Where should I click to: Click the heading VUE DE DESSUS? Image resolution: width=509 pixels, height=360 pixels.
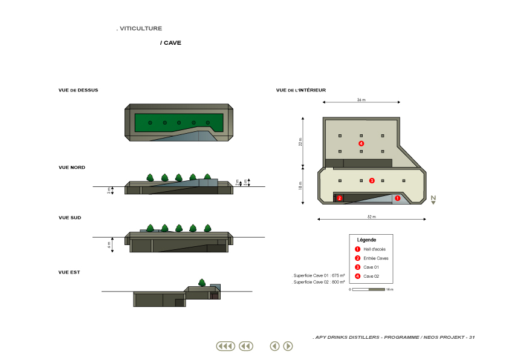[78, 90]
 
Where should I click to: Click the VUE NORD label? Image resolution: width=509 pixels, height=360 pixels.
[72, 168]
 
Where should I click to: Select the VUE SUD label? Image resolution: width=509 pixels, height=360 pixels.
[70, 218]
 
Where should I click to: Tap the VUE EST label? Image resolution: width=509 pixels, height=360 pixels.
[69, 272]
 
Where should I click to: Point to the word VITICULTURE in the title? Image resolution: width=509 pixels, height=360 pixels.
[141, 28]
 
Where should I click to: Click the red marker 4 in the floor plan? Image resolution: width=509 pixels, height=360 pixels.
[361, 143]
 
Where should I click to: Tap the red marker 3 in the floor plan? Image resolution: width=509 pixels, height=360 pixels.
[372, 181]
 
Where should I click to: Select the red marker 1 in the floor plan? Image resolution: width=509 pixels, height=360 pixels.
[398, 198]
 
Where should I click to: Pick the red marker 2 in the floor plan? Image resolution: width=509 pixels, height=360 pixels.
[340, 198]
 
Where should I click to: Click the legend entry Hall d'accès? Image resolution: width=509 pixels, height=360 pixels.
[375, 249]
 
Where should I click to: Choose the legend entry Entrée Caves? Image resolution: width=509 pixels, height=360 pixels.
[376, 258]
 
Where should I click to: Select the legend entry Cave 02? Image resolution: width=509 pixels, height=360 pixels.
[371, 276]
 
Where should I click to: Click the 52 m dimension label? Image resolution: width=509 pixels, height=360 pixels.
[372, 217]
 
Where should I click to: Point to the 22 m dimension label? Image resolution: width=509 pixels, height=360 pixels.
[300, 142]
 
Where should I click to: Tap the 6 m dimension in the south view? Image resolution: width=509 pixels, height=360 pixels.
[109, 245]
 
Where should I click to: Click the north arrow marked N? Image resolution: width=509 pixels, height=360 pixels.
[433, 200]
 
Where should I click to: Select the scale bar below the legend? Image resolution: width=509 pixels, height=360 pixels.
[368, 289]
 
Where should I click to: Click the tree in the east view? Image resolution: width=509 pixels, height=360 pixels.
[202, 283]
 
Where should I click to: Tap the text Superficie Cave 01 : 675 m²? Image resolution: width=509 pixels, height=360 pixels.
[319, 275]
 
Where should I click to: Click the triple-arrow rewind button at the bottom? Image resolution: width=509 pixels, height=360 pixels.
[225, 346]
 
